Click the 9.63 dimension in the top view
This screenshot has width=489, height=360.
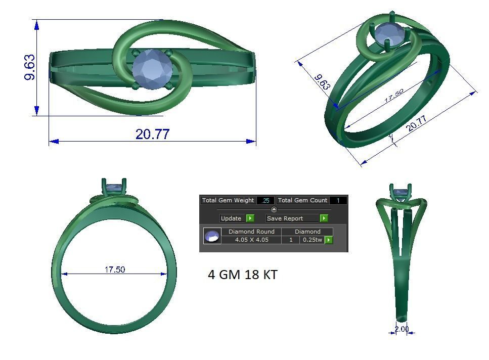coord(30,67)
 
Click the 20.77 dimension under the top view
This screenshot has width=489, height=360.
coord(152,134)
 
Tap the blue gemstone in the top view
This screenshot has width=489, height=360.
coord(152,69)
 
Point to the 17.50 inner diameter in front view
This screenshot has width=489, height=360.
coord(115,269)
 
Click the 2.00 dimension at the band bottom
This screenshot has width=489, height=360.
coord(402,329)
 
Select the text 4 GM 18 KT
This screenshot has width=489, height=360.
coord(242,275)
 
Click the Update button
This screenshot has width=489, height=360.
coord(231,218)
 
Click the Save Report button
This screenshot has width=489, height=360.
coord(285,218)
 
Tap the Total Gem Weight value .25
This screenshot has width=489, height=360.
coord(265,200)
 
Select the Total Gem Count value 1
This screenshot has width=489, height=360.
coord(338,200)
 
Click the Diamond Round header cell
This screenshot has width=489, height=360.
coord(251,232)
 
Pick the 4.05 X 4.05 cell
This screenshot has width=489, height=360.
coord(251,240)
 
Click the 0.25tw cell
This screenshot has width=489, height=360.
coord(312,240)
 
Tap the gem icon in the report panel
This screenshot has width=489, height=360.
coord(212,236)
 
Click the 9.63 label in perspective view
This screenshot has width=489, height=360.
coord(322,82)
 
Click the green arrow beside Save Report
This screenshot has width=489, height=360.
coord(324,218)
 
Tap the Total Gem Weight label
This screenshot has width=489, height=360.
coord(228,200)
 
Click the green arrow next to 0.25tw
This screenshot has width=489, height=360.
coord(329,240)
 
